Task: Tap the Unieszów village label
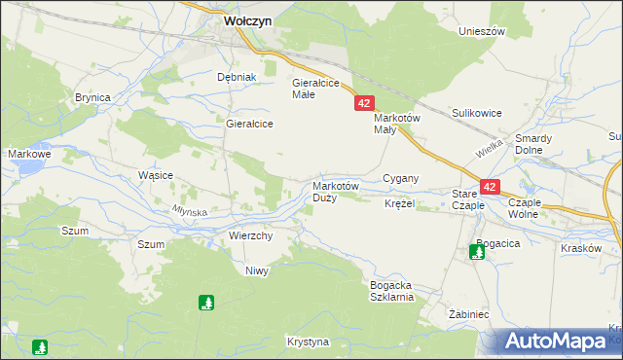482,31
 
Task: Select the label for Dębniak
236,77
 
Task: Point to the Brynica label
92,97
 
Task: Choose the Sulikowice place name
476,113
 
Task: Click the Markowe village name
29,154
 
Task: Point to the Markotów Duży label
336,192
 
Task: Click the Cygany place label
400,178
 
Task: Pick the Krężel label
399,204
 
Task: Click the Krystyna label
309,342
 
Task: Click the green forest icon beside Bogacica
477,252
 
